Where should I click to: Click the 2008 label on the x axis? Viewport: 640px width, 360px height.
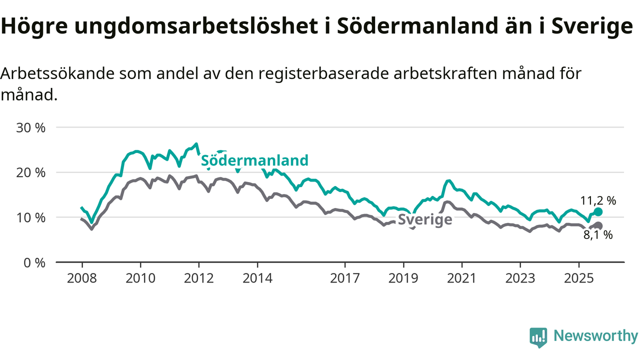click(x=82, y=277)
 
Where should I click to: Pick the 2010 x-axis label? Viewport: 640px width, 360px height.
click(x=140, y=277)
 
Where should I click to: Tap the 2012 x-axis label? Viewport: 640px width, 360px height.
click(x=199, y=277)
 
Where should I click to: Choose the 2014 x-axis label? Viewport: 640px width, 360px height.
click(x=257, y=277)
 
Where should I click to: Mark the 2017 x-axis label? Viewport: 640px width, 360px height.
click(x=345, y=277)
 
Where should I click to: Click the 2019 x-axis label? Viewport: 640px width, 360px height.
click(x=403, y=277)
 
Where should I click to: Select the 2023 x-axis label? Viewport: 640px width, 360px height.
click(x=520, y=277)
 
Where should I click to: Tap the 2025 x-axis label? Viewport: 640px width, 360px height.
click(x=579, y=277)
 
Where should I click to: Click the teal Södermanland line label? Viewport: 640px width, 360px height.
click(x=254, y=160)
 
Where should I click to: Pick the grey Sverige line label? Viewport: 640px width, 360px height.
click(x=425, y=220)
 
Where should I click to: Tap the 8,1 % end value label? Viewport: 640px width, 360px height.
click(x=598, y=235)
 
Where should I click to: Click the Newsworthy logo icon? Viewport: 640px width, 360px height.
click(x=538, y=337)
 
